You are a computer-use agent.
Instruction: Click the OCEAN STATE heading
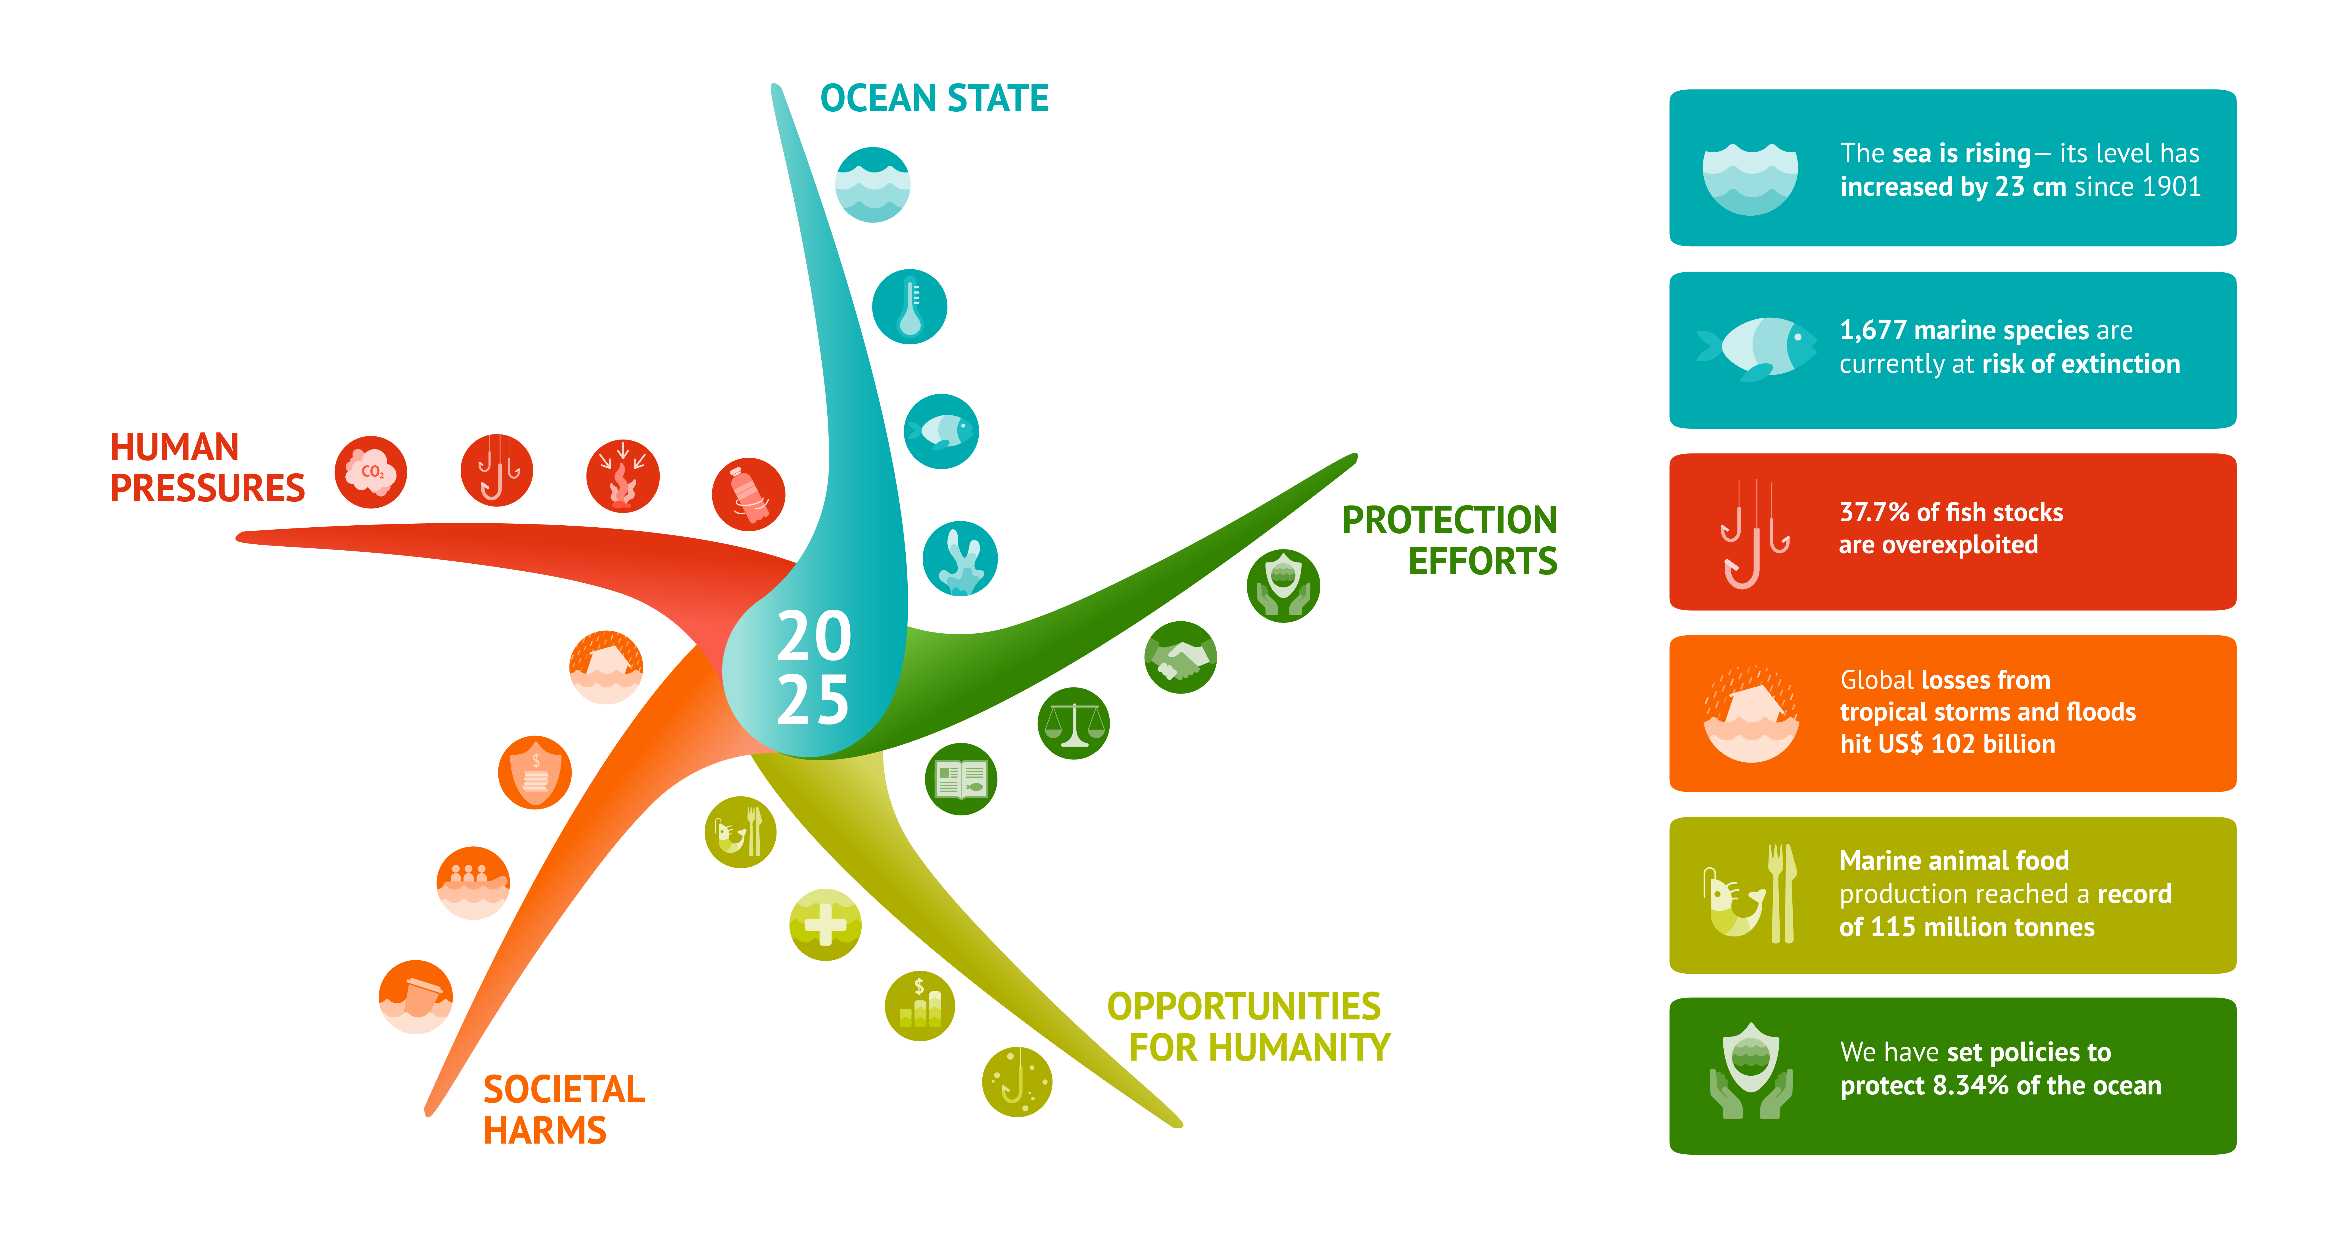click(934, 99)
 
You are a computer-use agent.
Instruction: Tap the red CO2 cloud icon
click(370, 472)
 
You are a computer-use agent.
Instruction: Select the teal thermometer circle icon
click(909, 307)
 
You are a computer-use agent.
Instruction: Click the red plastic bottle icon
click(748, 494)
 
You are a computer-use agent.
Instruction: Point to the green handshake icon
click(1180, 658)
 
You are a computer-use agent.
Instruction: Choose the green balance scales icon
click(1073, 723)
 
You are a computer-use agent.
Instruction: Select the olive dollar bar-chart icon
click(919, 1005)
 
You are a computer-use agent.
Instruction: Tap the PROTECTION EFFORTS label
click(1450, 540)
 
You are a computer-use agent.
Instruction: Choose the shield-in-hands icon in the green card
click(1750, 1072)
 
